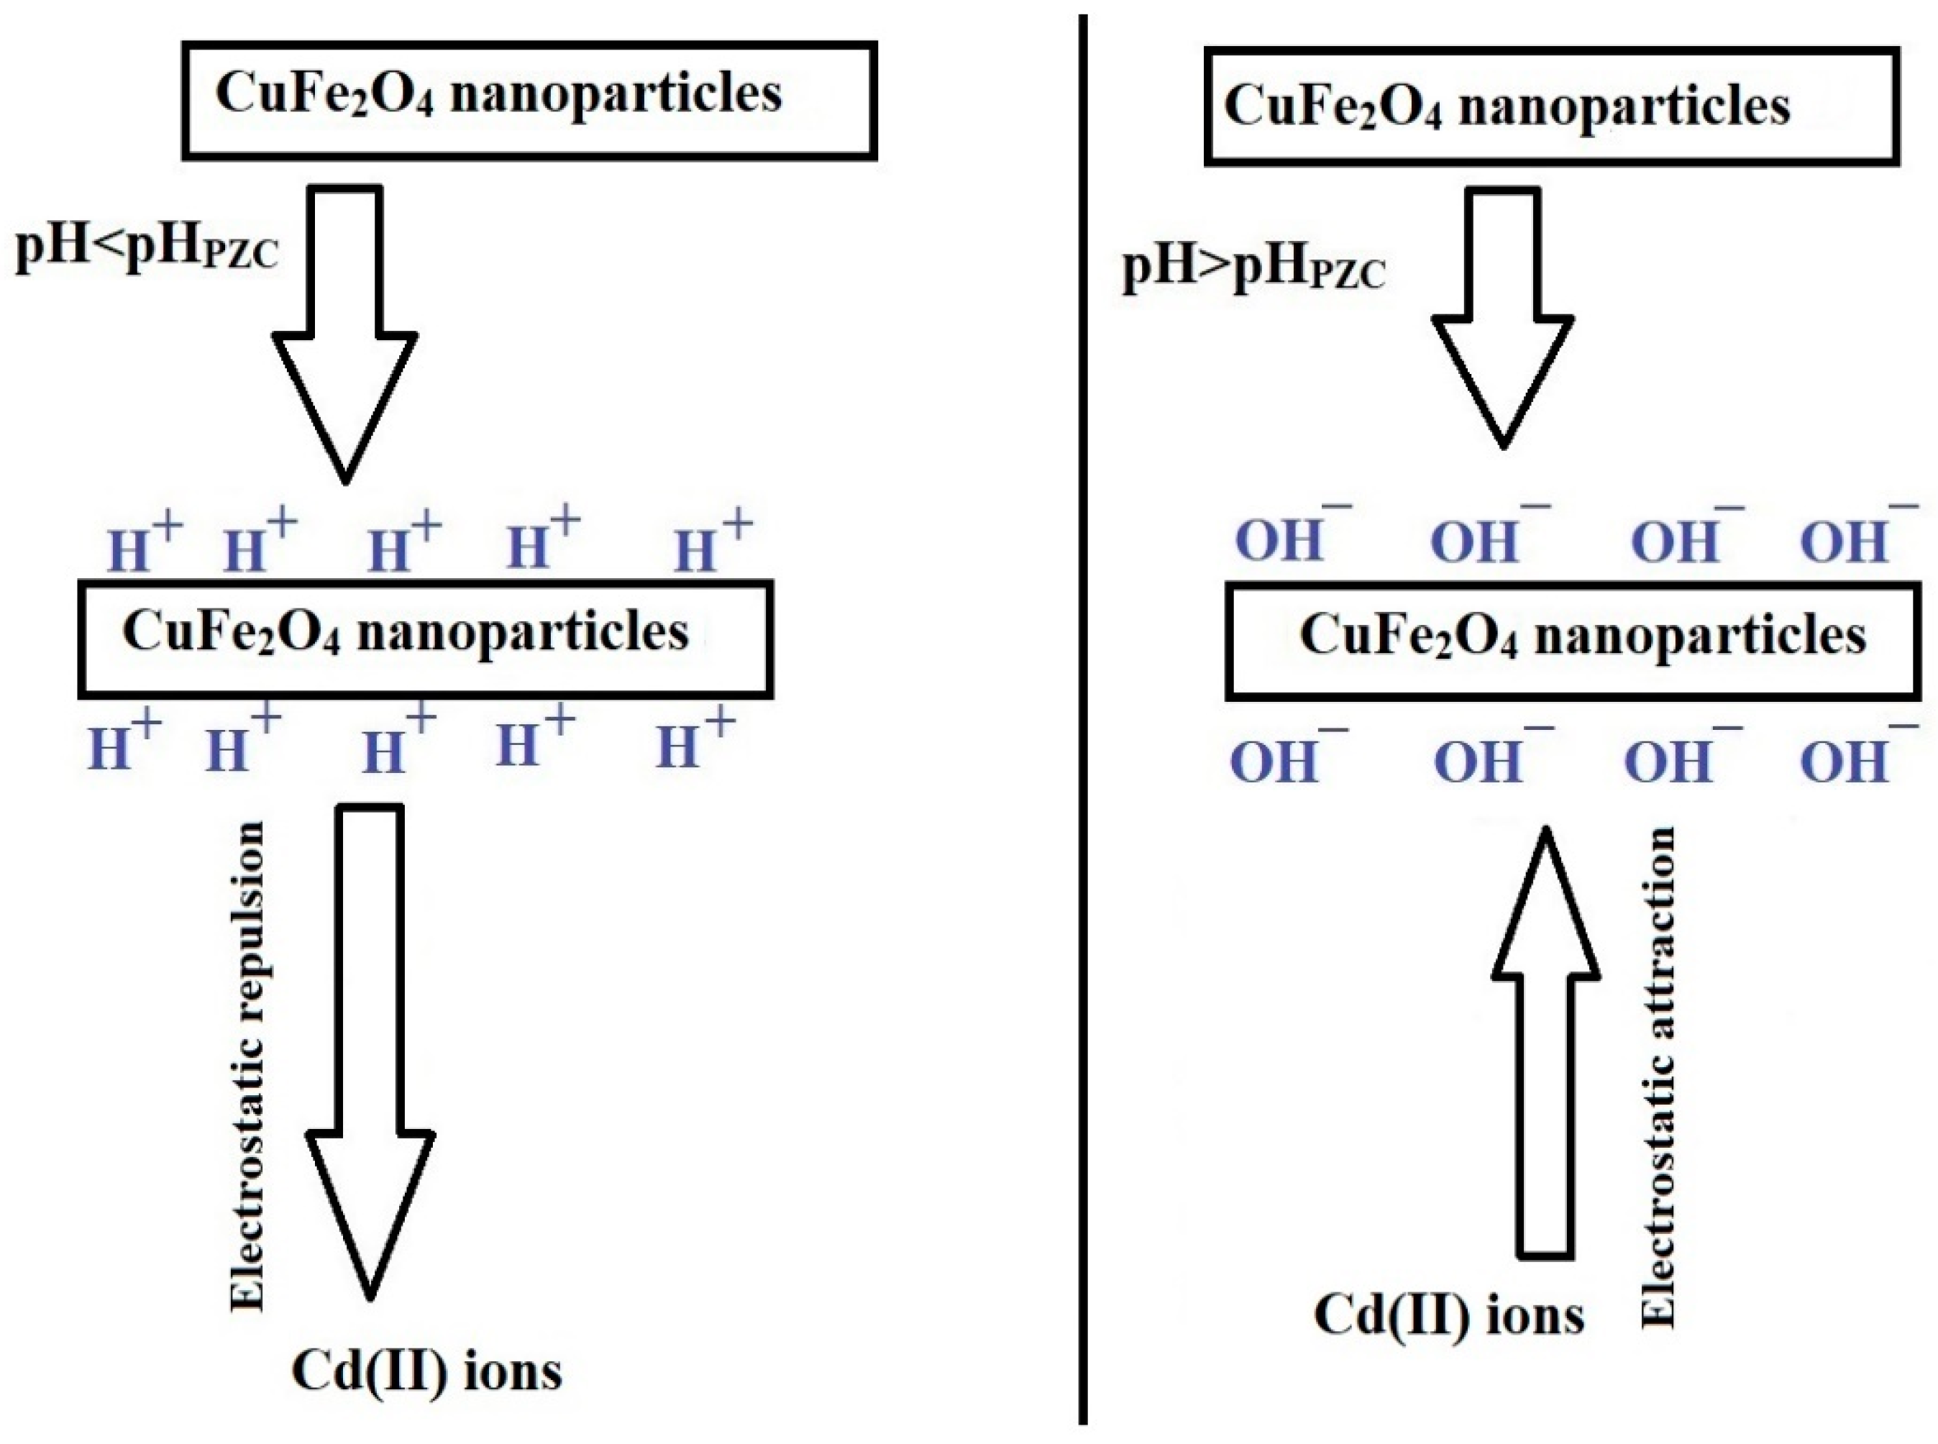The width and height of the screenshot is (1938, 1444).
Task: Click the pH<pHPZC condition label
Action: [x=147, y=250]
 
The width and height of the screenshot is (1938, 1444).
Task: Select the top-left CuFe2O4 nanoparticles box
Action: [x=529, y=101]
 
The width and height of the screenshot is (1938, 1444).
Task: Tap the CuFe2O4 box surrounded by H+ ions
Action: [x=426, y=640]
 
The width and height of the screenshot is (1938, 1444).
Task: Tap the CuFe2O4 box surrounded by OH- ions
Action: [x=1572, y=641]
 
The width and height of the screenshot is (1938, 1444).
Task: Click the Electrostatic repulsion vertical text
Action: [x=247, y=1066]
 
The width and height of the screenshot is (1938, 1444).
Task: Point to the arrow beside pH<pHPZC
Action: [x=346, y=332]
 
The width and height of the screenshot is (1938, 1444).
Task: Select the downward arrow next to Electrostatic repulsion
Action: [x=370, y=1049]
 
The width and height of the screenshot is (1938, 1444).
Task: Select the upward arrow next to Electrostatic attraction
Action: [x=1545, y=1040]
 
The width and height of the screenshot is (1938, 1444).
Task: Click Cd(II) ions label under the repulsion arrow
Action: [x=426, y=1371]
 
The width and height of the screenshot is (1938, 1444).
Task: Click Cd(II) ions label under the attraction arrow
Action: [x=1448, y=1315]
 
